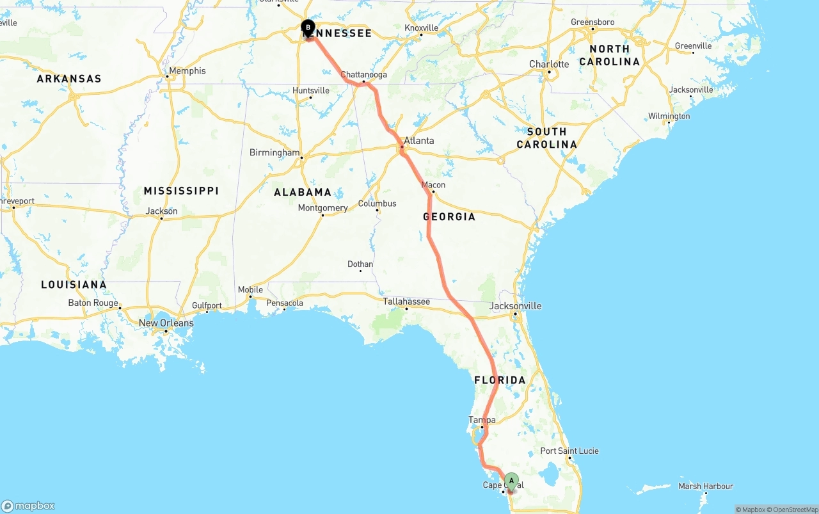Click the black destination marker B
[x=308, y=28]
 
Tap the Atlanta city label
[x=419, y=141]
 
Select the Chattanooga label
[x=363, y=75]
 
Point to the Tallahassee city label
[x=406, y=301]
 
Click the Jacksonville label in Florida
[x=515, y=306]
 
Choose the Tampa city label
[x=482, y=421]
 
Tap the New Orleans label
[x=166, y=323]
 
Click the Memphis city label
[x=187, y=71]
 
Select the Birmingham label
[x=274, y=153]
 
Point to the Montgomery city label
[x=322, y=208]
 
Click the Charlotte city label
[x=549, y=65]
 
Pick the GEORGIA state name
[x=449, y=217]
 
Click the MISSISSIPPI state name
[x=181, y=191]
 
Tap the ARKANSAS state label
[x=69, y=79]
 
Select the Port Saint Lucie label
[x=569, y=451]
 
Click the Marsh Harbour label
[x=705, y=486]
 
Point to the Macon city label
[x=433, y=185]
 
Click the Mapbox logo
[x=28, y=506]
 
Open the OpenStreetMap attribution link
[x=793, y=510]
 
